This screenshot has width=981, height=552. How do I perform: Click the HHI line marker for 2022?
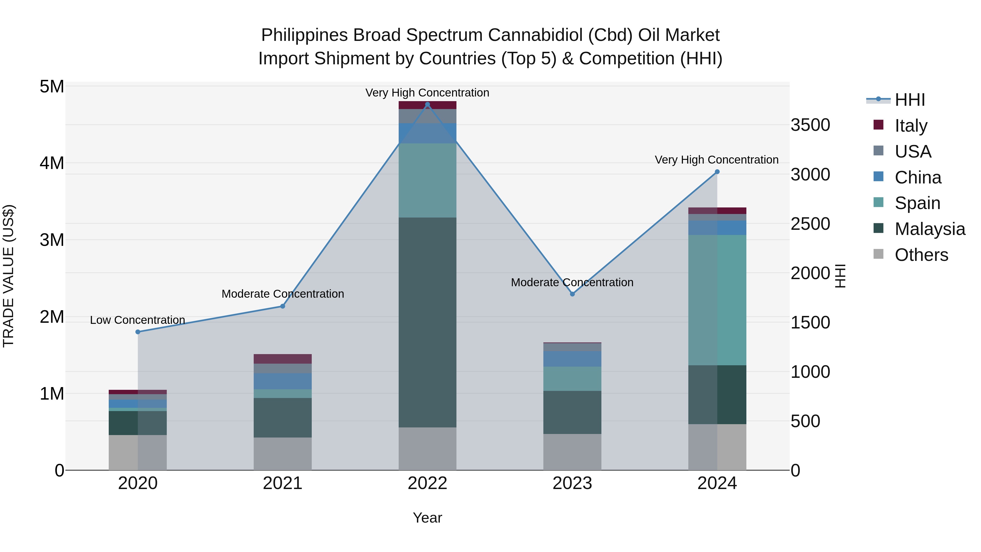[x=427, y=104]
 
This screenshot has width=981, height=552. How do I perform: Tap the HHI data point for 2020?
[x=138, y=332]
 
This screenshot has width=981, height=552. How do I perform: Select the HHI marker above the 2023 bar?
[x=572, y=294]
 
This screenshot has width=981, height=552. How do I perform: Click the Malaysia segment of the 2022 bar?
[x=427, y=322]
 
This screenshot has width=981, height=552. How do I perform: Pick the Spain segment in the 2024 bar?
[x=717, y=300]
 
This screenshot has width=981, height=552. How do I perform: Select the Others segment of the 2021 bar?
[x=283, y=453]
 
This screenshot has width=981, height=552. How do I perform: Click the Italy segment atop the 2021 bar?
[x=283, y=359]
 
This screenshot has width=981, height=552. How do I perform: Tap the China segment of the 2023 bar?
[x=572, y=359]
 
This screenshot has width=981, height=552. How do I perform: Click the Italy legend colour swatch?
[x=878, y=125]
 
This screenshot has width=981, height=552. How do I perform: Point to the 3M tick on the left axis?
[x=52, y=240]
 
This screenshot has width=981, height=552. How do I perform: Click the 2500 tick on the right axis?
[x=810, y=224]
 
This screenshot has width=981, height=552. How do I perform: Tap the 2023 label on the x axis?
[x=572, y=483]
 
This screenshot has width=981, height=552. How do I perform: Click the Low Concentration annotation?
[x=138, y=320]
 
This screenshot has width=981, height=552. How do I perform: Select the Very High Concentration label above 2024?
[x=716, y=160]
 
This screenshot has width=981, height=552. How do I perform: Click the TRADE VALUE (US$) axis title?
[x=8, y=276]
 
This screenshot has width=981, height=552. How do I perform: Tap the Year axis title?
[x=427, y=518]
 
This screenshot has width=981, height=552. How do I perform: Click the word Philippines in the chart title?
[x=304, y=35]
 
